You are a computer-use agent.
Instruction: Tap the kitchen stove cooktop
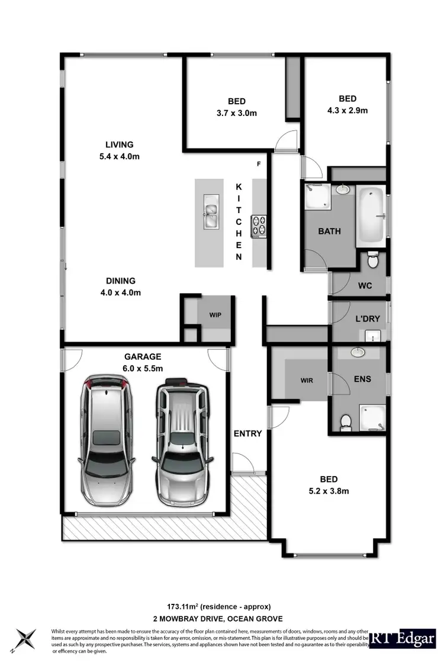tap(259, 225)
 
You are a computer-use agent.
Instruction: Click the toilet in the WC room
tap(372, 260)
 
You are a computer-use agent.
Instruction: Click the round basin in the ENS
tap(358, 353)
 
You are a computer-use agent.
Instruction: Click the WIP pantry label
tap(215, 314)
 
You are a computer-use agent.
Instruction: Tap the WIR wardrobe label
tap(307, 380)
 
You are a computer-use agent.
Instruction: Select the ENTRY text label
tap(247, 433)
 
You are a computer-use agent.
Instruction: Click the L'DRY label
tap(367, 319)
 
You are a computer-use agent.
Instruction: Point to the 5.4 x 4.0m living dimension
tap(119, 157)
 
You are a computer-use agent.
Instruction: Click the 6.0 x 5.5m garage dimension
tap(143, 368)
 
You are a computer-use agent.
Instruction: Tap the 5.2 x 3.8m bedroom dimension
tap(329, 491)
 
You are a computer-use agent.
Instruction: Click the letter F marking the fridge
tap(259, 163)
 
